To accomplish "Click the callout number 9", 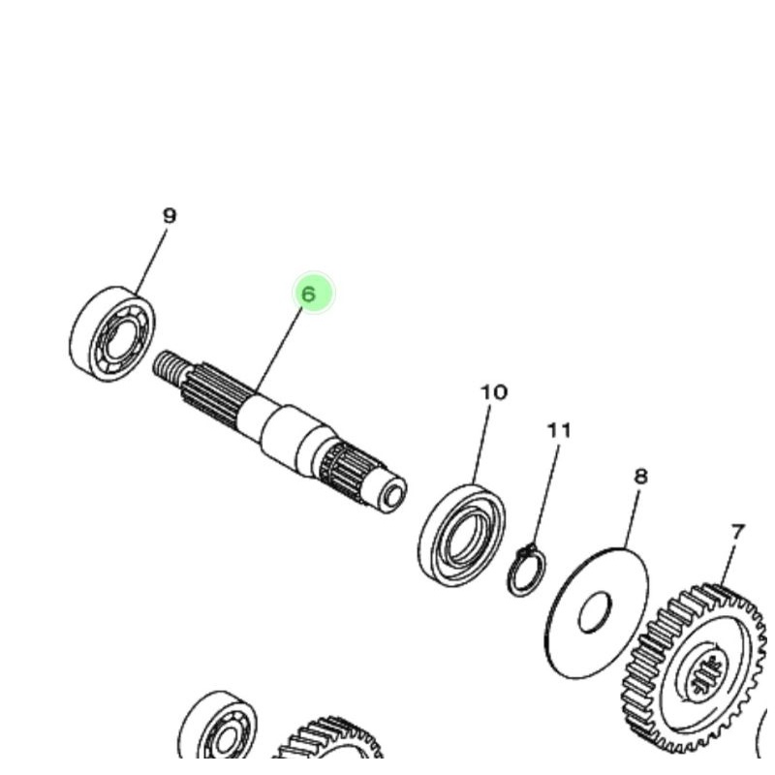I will click(x=170, y=216).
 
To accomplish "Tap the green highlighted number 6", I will click(x=310, y=294).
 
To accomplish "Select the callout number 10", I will click(x=494, y=392).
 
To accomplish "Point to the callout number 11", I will click(x=559, y=429).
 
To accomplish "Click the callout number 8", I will click(x=640, y=476).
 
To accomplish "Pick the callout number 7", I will click(x=738, y=532).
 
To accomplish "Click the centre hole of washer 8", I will click(x=595, y=612).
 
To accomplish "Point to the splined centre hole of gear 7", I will click(x=705, y=674).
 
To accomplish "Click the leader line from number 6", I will click(x=280, y=350).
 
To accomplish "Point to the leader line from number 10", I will click(x=484, y=446).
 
